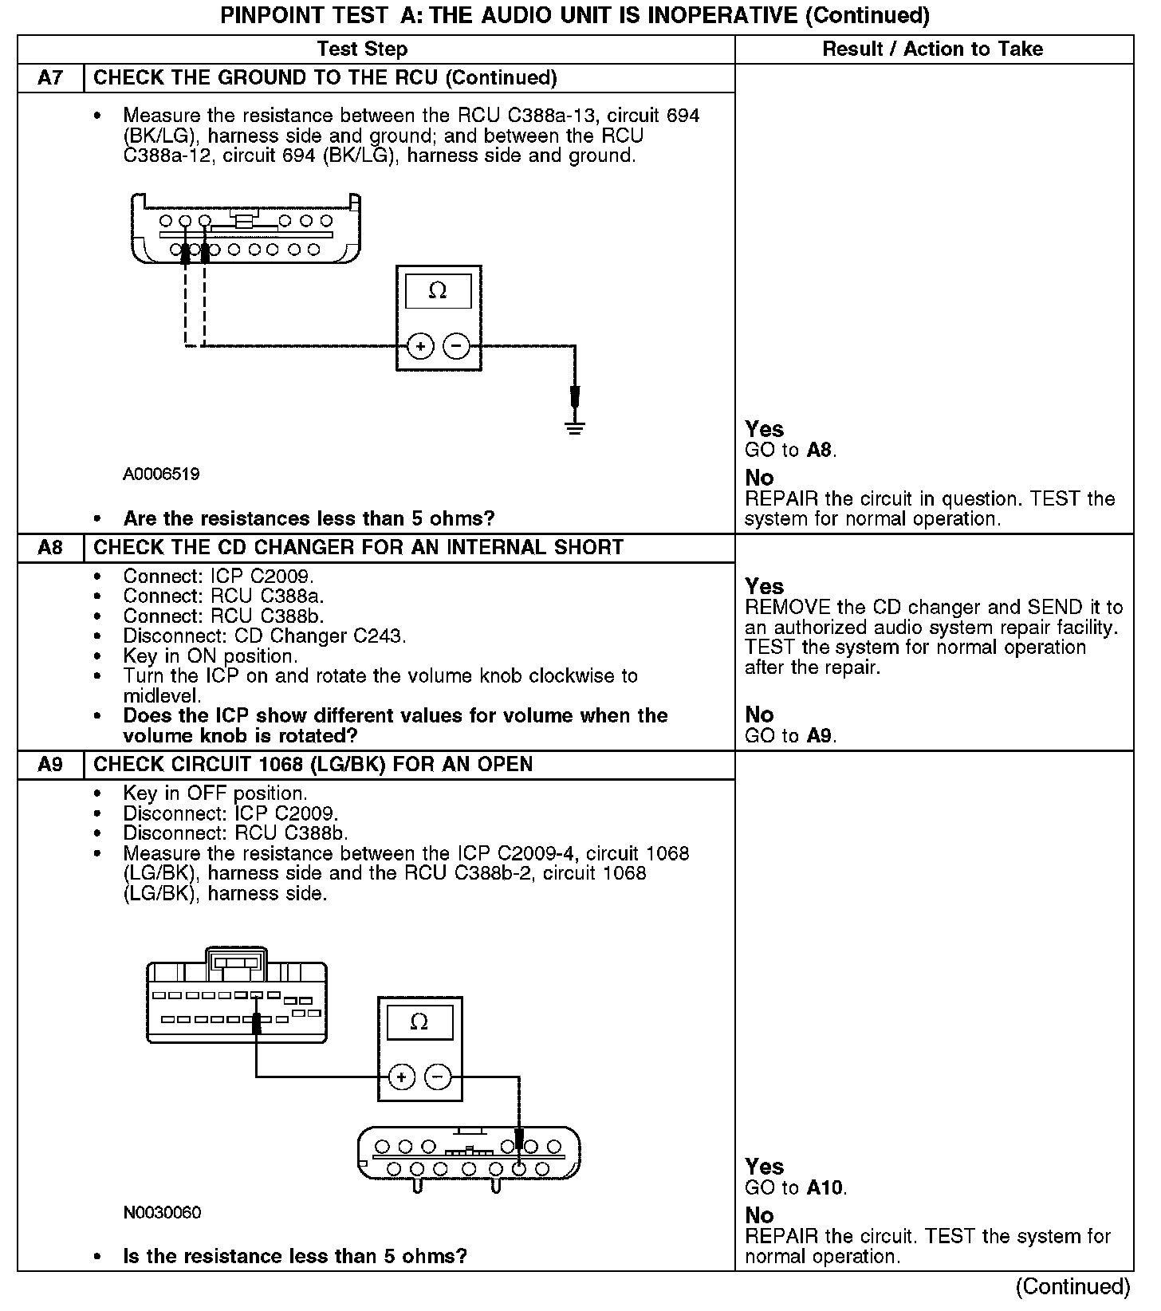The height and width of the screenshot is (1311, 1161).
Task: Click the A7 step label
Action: coord(50,78)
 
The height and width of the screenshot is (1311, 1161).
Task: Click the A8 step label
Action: coord(50,548)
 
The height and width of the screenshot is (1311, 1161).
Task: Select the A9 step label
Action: coord(50,765)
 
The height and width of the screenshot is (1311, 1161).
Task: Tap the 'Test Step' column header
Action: coord(362,49)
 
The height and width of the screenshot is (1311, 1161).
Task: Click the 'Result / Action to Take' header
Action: coord(932,49)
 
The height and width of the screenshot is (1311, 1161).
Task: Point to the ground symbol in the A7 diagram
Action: coord(575,427)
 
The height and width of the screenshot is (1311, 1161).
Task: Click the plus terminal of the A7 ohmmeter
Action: coord(420,347)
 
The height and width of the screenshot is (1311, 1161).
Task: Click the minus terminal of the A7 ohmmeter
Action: coord(456,347)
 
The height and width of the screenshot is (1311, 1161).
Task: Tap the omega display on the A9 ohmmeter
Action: coord(419,1022)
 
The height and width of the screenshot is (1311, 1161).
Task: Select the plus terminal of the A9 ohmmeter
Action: coord(402,1077)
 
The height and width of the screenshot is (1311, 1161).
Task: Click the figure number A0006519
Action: coord(161,474)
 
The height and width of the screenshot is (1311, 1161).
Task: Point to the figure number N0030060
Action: coord(162,1213)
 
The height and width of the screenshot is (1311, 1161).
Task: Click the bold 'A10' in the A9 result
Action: coord(825,1188)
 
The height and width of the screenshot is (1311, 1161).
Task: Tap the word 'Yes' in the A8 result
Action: coord(764,587)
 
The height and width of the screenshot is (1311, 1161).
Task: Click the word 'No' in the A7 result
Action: coord(759,478)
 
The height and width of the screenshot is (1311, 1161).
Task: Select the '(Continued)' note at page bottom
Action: coord(1072,1286)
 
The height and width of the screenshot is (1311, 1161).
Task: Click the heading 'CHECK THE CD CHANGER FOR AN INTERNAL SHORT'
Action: coord(358,548)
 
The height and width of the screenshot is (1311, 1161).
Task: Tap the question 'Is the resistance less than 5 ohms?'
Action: coord(295,1257)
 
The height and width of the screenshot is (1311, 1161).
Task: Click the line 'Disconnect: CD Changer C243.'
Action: coord(265,636)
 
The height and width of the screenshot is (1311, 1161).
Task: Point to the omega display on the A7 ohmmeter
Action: coord(438,291)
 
